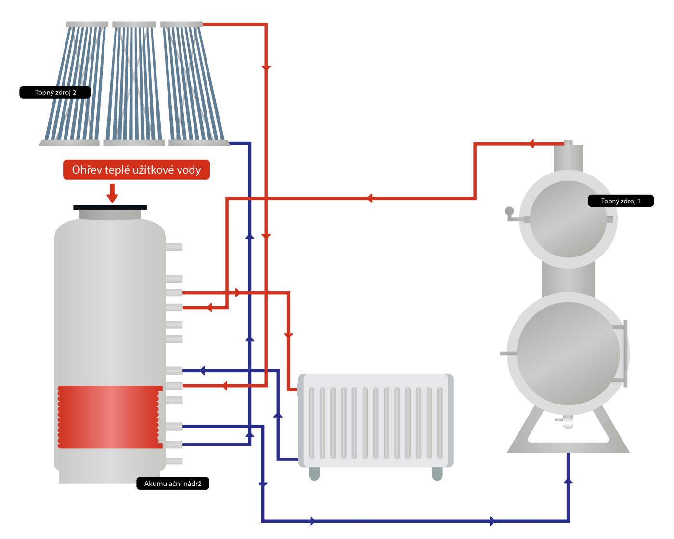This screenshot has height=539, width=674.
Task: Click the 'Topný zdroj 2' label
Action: [x=55, y=93]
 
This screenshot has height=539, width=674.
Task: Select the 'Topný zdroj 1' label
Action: [x=621, y=201]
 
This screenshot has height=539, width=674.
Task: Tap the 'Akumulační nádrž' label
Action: [x=173, y=484]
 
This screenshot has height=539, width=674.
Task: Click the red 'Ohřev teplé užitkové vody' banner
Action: [x=136, y=170]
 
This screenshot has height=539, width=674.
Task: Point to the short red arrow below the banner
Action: [x=112, y=193]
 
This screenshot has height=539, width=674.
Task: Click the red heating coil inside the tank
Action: [x=109, y=417]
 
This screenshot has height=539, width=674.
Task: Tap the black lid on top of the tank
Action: [x=110, y=207]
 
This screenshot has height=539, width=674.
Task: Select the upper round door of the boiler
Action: [x=568, y=219]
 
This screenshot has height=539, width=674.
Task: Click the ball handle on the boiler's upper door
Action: [x=509, y=211]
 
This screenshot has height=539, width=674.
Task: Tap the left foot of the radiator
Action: [x=314, y=473]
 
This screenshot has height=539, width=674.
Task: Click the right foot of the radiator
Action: [x=437, y=473]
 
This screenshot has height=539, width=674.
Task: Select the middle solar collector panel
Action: [x=134, y=83]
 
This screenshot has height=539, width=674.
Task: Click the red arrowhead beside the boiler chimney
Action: [x=531, y=144]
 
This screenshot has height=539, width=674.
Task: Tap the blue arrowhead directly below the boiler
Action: [x=568, y=481]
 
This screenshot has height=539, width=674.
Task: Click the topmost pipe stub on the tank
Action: [x=174, y=247]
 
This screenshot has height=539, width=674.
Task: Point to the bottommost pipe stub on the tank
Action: [x=174, y=461]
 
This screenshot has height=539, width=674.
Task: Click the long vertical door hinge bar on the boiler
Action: [x=625, y=353]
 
